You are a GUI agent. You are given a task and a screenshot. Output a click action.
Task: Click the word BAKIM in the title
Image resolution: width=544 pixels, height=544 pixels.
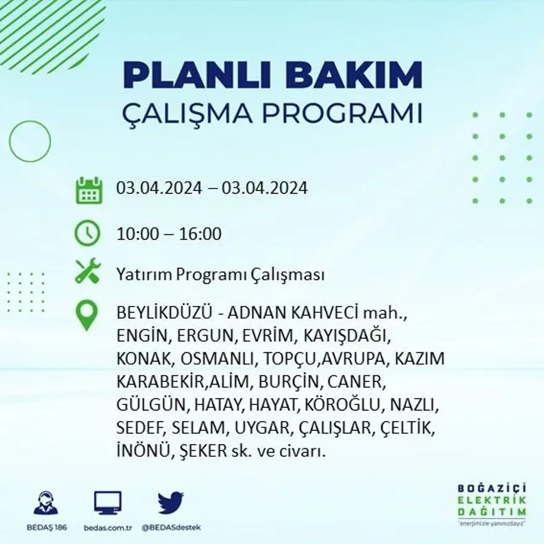(349, 75)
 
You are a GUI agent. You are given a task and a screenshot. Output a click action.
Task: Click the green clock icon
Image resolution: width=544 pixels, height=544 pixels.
(87, 233)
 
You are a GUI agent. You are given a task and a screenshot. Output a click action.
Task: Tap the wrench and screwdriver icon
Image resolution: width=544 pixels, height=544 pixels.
(87, 271)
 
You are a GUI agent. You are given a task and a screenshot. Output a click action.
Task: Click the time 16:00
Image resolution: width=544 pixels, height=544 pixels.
(200, 234)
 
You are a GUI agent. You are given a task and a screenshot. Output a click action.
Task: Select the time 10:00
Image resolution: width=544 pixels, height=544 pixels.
(137, 234)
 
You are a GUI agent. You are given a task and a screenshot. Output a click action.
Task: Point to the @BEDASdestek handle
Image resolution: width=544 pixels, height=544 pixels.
(171, 527)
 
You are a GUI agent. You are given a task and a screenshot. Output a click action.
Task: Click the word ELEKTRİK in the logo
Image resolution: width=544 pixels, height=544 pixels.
(493, 500)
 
